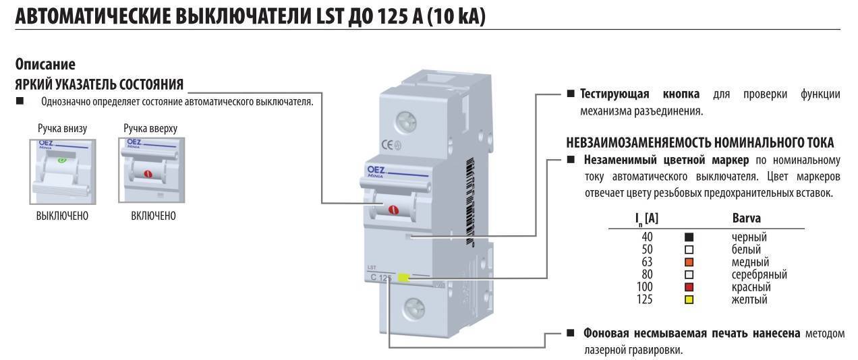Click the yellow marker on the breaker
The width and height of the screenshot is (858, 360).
point(403,277)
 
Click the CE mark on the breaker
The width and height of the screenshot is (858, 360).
point(389,144)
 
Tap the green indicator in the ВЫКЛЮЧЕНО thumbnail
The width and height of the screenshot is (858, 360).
point(62,160)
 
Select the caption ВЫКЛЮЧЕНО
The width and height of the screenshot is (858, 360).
point(62,216)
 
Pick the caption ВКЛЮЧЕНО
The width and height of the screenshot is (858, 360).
point(153,216)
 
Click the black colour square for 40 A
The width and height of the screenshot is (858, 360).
point(689,237)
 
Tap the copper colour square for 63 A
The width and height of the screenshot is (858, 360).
point(689,262)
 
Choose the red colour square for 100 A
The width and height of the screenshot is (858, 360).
point(689,287)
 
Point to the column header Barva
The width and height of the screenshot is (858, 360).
point(746,218)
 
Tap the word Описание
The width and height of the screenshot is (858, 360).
point(45,65)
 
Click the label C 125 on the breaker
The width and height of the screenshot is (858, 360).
point(381,278)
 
